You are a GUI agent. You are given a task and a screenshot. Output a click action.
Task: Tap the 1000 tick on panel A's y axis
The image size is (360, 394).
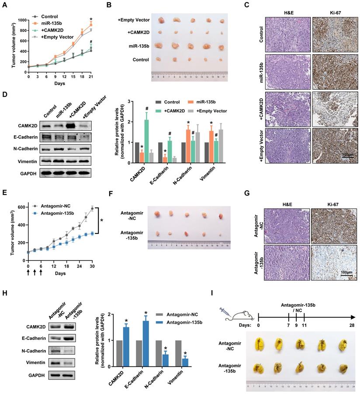20,20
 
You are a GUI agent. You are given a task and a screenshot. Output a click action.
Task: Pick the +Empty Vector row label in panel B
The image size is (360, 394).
134,20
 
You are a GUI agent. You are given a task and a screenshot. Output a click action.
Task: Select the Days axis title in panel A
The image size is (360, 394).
59,83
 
